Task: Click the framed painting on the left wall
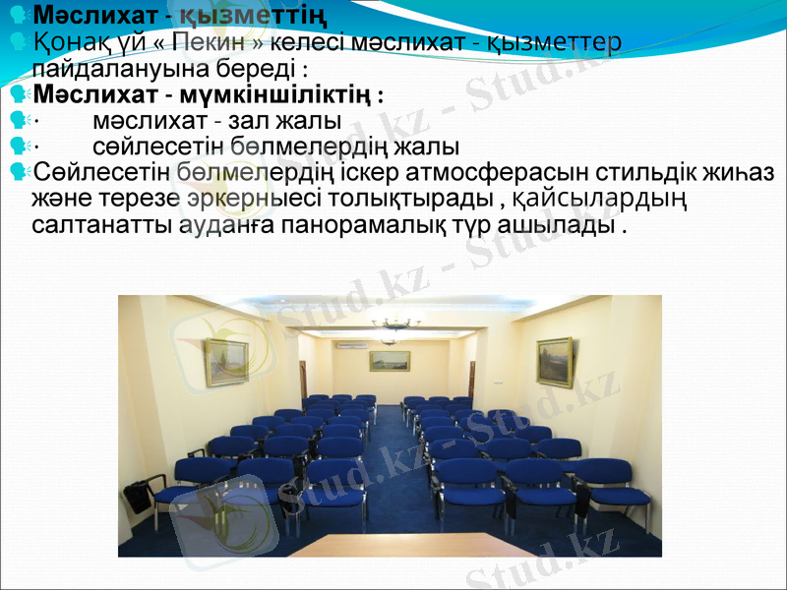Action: click(225, 361)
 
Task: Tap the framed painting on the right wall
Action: click(554, 361)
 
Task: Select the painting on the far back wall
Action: click(390, 361)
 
